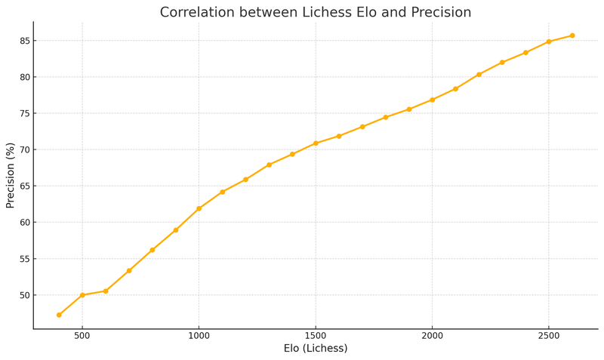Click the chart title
tap(316, 13)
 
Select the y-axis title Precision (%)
tap(11, 175)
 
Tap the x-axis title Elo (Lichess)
tap(316, 349)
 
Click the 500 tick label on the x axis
tap(82, 336)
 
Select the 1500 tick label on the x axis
tap(316, 336)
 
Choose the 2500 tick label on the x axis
tap(549, 336)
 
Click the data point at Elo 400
tap(59, 315)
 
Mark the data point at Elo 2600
tap(572, 35)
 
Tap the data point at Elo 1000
tap(199, 208)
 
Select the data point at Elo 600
tap(106, 291)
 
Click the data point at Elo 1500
tap(316, 143)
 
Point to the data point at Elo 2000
tap(432, 100)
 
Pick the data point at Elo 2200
tap(479, 74)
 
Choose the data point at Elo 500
tap(82, 295)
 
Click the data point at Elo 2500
tap(549, 42)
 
